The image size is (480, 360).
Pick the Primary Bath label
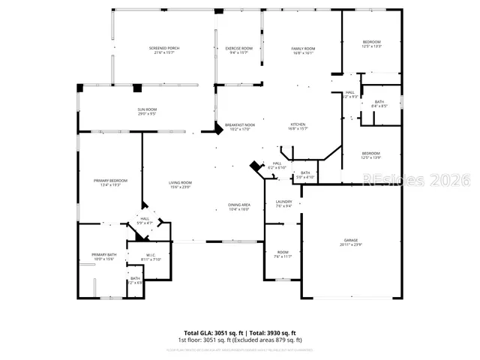click(103, 256)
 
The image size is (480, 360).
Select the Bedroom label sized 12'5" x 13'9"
click(371, 155)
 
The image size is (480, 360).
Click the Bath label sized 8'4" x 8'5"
click(379, 103)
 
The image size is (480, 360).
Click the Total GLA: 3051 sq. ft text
click(211, 332)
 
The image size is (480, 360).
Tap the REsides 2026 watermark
click(415, 181)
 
